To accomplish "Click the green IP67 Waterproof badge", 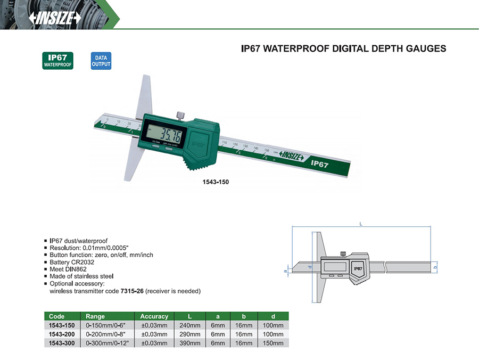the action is coord(57,61).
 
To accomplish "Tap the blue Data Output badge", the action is coord(101,61).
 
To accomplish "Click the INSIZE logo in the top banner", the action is coord(55,18).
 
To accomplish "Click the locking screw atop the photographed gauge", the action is coord(180,116).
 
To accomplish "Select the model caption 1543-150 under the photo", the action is coord(216,182).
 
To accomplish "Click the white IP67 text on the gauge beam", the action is coord(319,164).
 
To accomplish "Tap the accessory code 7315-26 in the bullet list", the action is coord(132,291).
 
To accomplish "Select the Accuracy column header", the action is coord(154,316).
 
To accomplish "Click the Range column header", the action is coord(95,316).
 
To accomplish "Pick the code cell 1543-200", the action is coord(62,334).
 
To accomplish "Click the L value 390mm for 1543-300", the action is coord(189,343).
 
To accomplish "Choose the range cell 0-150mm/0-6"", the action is coord(106,325).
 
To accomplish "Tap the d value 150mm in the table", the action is coord(273,343).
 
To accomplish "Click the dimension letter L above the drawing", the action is coord(361,224).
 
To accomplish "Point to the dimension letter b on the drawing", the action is coord(435,267).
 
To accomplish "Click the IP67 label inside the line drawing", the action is coord(358,268).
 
